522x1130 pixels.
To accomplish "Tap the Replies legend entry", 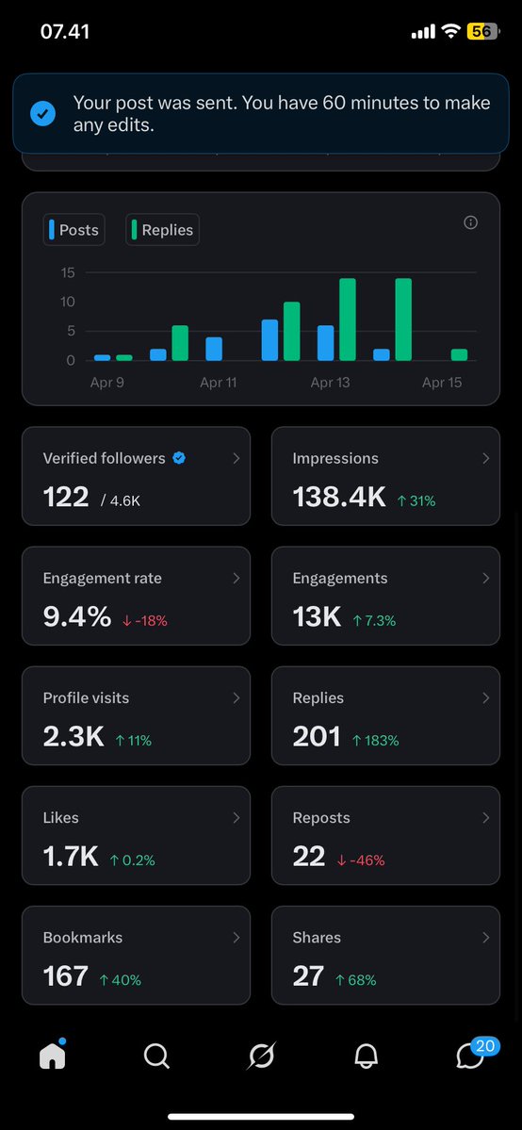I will click(x=162, y=230).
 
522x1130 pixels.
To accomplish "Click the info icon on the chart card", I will click(x=471, y=222).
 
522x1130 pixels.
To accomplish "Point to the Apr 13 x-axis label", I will click(x=330, y=383).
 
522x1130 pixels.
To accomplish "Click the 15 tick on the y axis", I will click(x=67, y=273).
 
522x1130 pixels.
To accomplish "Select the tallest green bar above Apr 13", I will click(x=347, y=319).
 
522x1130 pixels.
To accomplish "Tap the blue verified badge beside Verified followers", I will click(x=179, y=458).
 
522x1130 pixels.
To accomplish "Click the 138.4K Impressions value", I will click(x=339, y=497).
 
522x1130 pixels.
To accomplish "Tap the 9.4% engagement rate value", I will click(x=77, y=616).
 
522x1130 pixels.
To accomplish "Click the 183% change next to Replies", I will click(x=375, y=741).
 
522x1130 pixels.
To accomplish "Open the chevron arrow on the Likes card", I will click(x=236, y=817).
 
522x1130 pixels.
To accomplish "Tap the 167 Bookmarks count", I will click(x=66, y=975).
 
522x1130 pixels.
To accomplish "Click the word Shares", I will click(x=317, y=938).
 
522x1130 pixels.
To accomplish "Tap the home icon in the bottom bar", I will click(x=53, y=1056).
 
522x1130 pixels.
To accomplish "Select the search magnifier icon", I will click(x=156, y=1057).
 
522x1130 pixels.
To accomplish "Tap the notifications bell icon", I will click(x=366, y=1057).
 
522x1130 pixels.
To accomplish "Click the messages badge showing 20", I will click(x=485, y=1045).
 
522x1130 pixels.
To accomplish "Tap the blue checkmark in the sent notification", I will click(x=42, y=114).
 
